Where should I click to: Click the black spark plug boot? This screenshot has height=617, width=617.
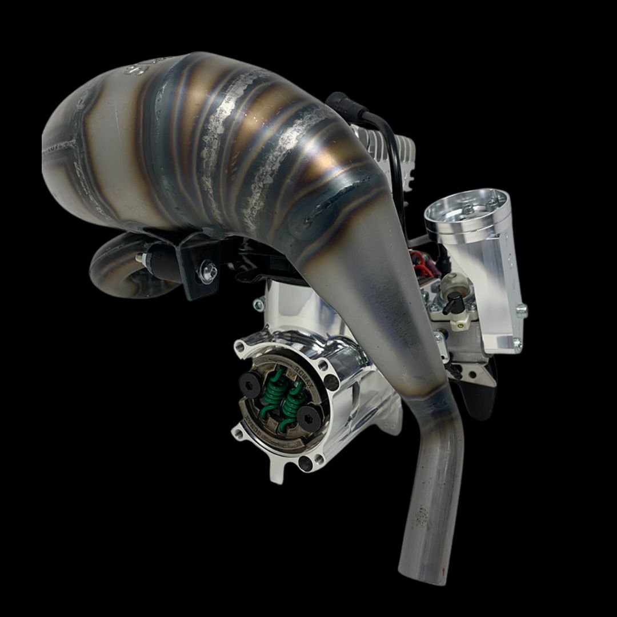[x=339, y=103]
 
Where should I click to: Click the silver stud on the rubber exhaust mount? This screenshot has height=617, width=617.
[x=139, y=258]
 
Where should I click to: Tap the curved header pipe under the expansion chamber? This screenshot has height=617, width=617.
[x=114, y=269]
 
